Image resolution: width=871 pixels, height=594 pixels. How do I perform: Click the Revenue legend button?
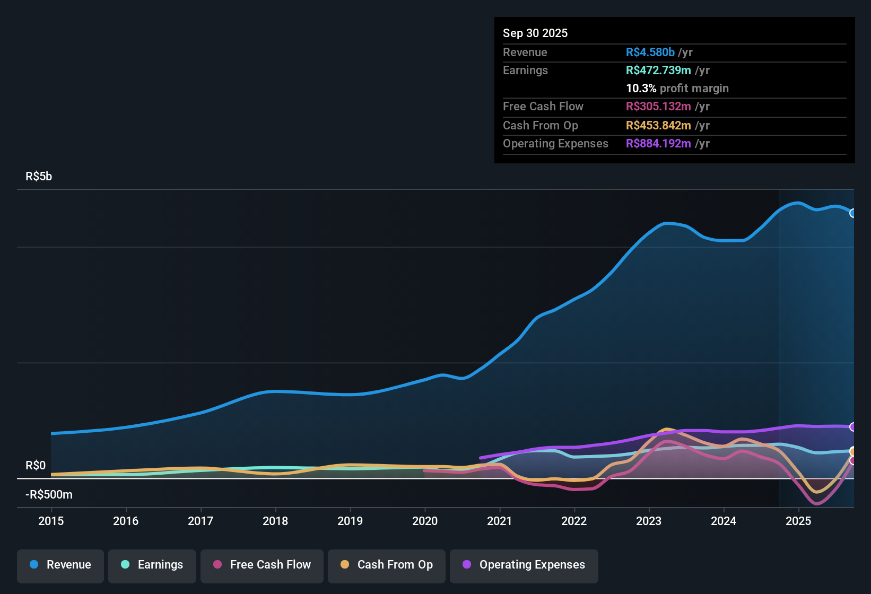click(60, 565)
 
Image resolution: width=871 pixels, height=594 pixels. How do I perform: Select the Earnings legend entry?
click(152, 565)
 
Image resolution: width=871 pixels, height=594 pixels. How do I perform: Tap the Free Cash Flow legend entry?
click(262, 565)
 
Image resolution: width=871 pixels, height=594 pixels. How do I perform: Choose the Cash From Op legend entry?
click(387, 565)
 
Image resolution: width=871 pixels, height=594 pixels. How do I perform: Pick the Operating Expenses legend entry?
click(524, 565)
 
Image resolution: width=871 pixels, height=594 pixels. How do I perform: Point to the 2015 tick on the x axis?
click(51, 521)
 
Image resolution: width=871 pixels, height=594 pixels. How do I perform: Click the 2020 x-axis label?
click(425, 521)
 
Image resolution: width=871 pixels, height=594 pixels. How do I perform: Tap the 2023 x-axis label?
click(649, 521)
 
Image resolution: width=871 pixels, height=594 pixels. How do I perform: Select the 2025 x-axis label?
click(798, 521)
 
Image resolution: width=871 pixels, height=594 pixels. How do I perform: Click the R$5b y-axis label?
click(39, 177)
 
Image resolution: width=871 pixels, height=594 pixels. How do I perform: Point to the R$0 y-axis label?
click(36, 466)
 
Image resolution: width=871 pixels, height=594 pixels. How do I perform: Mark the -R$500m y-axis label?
click(49, 495)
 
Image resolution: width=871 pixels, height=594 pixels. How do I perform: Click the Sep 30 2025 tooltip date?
click(535, 33)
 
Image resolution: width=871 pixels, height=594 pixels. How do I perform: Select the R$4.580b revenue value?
click(650, 53)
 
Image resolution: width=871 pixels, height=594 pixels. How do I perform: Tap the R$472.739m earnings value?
click(658, 71)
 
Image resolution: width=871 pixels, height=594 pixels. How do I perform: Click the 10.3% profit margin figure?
click(641, 89)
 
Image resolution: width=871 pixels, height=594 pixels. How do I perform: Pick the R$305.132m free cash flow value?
click(658, 107)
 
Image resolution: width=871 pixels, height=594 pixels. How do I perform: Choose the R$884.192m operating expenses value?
click(658, 144)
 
